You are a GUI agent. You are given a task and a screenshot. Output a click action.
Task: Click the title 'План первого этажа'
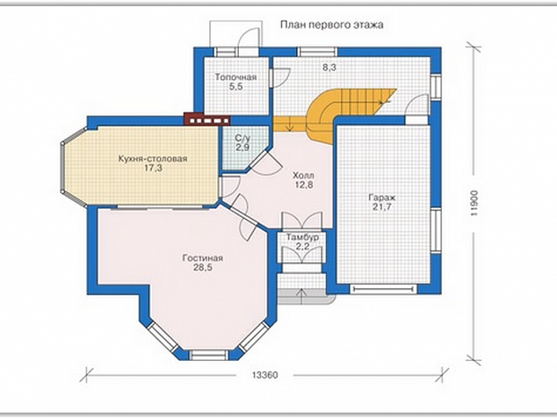(x=332, y=25)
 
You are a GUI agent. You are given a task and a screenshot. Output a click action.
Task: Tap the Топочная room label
(x=235, y=77)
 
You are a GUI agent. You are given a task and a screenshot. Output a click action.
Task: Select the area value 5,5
(x=235, y=87)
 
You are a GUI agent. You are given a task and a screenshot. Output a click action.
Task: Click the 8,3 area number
(x=329, y=68)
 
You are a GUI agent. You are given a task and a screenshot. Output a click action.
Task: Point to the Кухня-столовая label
(x=153, y=158)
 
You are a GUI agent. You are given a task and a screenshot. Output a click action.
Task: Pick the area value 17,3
(x=154, y=168)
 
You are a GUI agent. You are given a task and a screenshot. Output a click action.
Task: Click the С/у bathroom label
(x=242, y=138)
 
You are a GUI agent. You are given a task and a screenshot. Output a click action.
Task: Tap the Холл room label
(x=303, y=176)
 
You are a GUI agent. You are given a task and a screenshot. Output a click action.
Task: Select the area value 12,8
(x=304, y=184)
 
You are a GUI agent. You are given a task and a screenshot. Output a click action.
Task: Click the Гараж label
(x=382, y=198)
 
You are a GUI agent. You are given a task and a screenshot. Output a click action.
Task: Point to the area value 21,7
(x=382, y=207)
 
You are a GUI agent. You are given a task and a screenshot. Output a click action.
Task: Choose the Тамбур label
(x=302, y=237)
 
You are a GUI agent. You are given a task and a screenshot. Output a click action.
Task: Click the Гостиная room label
(x=202, y=258)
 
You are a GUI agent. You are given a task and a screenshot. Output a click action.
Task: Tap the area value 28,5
(x=203, y=268)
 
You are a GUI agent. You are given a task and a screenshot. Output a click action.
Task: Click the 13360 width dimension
(x=265, y=375)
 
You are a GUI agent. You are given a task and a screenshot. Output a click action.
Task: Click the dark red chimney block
(x=207, y=119)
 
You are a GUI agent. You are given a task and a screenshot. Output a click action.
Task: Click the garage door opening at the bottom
(x=383, y=289)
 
